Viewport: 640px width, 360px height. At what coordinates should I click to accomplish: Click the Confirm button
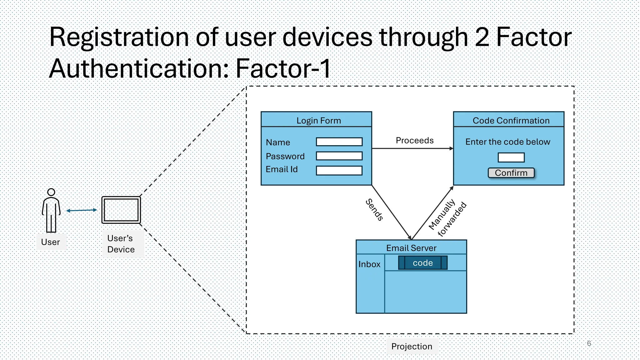tap(511, 173)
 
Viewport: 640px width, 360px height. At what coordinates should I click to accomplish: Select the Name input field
tap(339, 142)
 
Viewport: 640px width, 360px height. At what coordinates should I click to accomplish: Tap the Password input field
tap(339, 156)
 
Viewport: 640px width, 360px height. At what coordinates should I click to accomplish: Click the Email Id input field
tap(339, 170)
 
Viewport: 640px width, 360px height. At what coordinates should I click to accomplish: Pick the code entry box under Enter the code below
tap(511, 157)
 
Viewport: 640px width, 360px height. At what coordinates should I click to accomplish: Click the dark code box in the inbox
tap(422, 263)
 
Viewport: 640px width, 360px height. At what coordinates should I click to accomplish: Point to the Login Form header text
tap(318, 121)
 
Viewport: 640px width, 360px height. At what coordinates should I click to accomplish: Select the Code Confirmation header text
tap(511, 121)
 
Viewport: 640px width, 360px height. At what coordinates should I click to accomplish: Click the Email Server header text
tap(411, 248)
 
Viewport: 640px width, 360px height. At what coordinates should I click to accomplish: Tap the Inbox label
tap(369, 264)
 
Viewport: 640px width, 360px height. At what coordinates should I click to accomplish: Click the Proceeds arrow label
tap(414, 141)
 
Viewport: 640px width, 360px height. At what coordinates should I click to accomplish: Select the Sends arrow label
tap(374, 210)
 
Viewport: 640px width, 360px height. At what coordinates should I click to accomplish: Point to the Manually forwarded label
tap(447, 218)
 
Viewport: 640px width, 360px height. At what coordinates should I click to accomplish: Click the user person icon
tap(51, 210)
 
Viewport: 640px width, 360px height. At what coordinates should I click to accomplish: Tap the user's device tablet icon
tap(121, 210)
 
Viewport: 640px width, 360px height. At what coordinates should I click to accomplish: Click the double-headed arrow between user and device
tap(82, 210)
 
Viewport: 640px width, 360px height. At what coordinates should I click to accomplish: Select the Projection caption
tap(412, 346)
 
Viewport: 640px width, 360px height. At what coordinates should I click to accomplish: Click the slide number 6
tap(589, 343)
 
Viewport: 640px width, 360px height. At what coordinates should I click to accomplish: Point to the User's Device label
tap(121, 244)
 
